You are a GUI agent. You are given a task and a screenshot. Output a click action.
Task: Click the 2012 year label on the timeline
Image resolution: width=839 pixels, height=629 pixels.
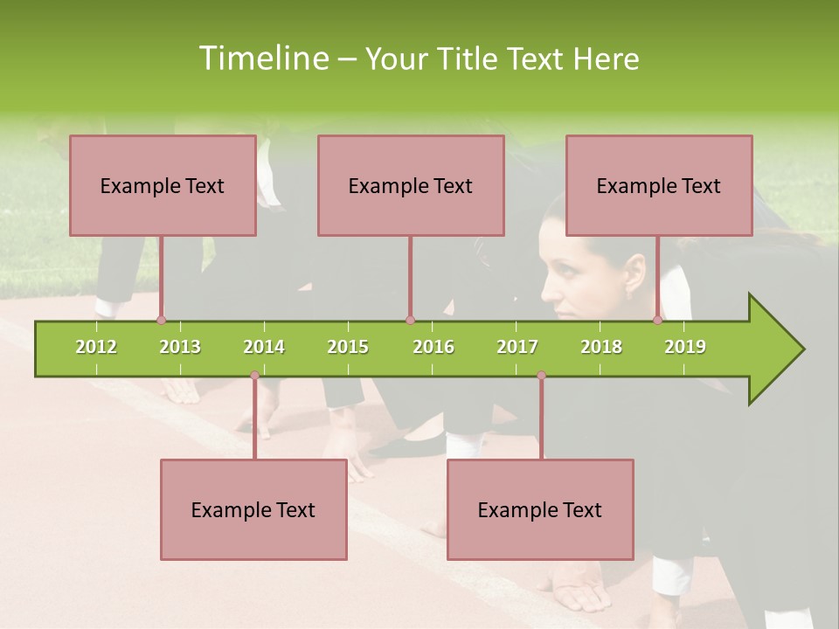96,347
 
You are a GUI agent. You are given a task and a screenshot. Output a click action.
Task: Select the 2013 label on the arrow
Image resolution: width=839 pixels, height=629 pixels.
180,347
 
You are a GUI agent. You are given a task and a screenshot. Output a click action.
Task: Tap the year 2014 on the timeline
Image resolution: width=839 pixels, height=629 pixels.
264,347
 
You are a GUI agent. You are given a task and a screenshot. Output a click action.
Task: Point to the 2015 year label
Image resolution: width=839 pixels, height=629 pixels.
348,347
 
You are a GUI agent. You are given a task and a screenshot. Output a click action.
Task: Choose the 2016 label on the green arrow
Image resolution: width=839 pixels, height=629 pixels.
433,347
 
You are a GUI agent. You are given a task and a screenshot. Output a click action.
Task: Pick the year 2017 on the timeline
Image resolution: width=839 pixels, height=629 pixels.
517,347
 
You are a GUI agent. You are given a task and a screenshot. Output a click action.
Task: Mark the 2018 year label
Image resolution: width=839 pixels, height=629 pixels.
601,347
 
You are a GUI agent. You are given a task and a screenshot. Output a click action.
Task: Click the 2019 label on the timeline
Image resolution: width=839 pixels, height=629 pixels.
685,347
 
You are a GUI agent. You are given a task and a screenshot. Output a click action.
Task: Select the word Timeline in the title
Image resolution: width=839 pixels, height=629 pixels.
261,59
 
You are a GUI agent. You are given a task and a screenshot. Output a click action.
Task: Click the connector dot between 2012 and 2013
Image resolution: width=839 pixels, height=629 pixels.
161,320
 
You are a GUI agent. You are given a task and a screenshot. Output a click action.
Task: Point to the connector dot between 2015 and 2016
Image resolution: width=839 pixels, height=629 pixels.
410,320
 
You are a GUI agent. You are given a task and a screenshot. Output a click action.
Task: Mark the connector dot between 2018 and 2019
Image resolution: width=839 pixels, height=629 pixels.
658,320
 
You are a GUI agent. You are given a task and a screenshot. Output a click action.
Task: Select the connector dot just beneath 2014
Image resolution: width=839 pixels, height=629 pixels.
254,376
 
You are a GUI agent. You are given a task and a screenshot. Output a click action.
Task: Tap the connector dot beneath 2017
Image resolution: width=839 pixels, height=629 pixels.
541,376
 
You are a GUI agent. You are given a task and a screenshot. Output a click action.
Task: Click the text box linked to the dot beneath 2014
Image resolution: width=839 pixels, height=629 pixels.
253,509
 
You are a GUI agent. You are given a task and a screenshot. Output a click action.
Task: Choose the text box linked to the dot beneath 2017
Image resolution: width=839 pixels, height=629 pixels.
540,509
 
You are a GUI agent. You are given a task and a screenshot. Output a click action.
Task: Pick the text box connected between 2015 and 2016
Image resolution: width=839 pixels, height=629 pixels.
411,185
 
